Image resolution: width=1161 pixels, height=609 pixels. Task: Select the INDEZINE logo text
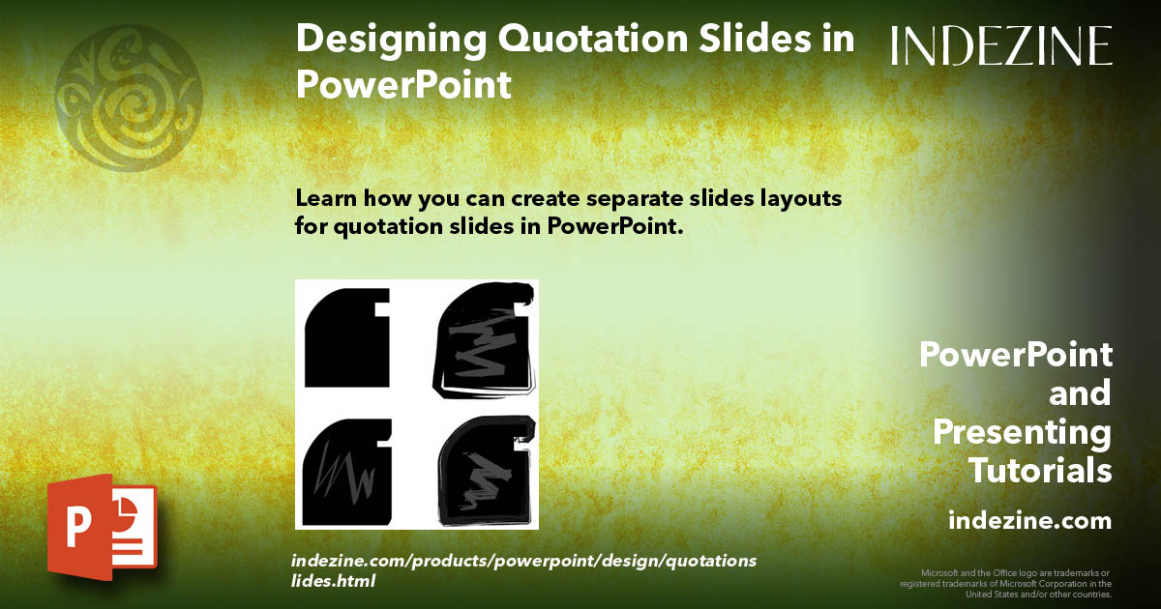pyautogui.click(x=1001, y=45)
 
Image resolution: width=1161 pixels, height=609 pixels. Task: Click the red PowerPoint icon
pyautogui.click(x=101, y=527)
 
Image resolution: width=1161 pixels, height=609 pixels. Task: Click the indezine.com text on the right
pyautogui.click(x=1029, y=521)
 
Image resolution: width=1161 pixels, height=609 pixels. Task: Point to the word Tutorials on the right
pyautogui.click(x=1040, y=471)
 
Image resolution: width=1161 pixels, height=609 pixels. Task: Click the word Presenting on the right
pyautogui.click(x=1022, y=432)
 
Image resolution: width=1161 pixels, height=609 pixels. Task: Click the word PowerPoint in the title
pyautogui.click(x=402, y=84)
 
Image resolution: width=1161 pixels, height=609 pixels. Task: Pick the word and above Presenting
pyautogui.click(x=1080, y=393)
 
